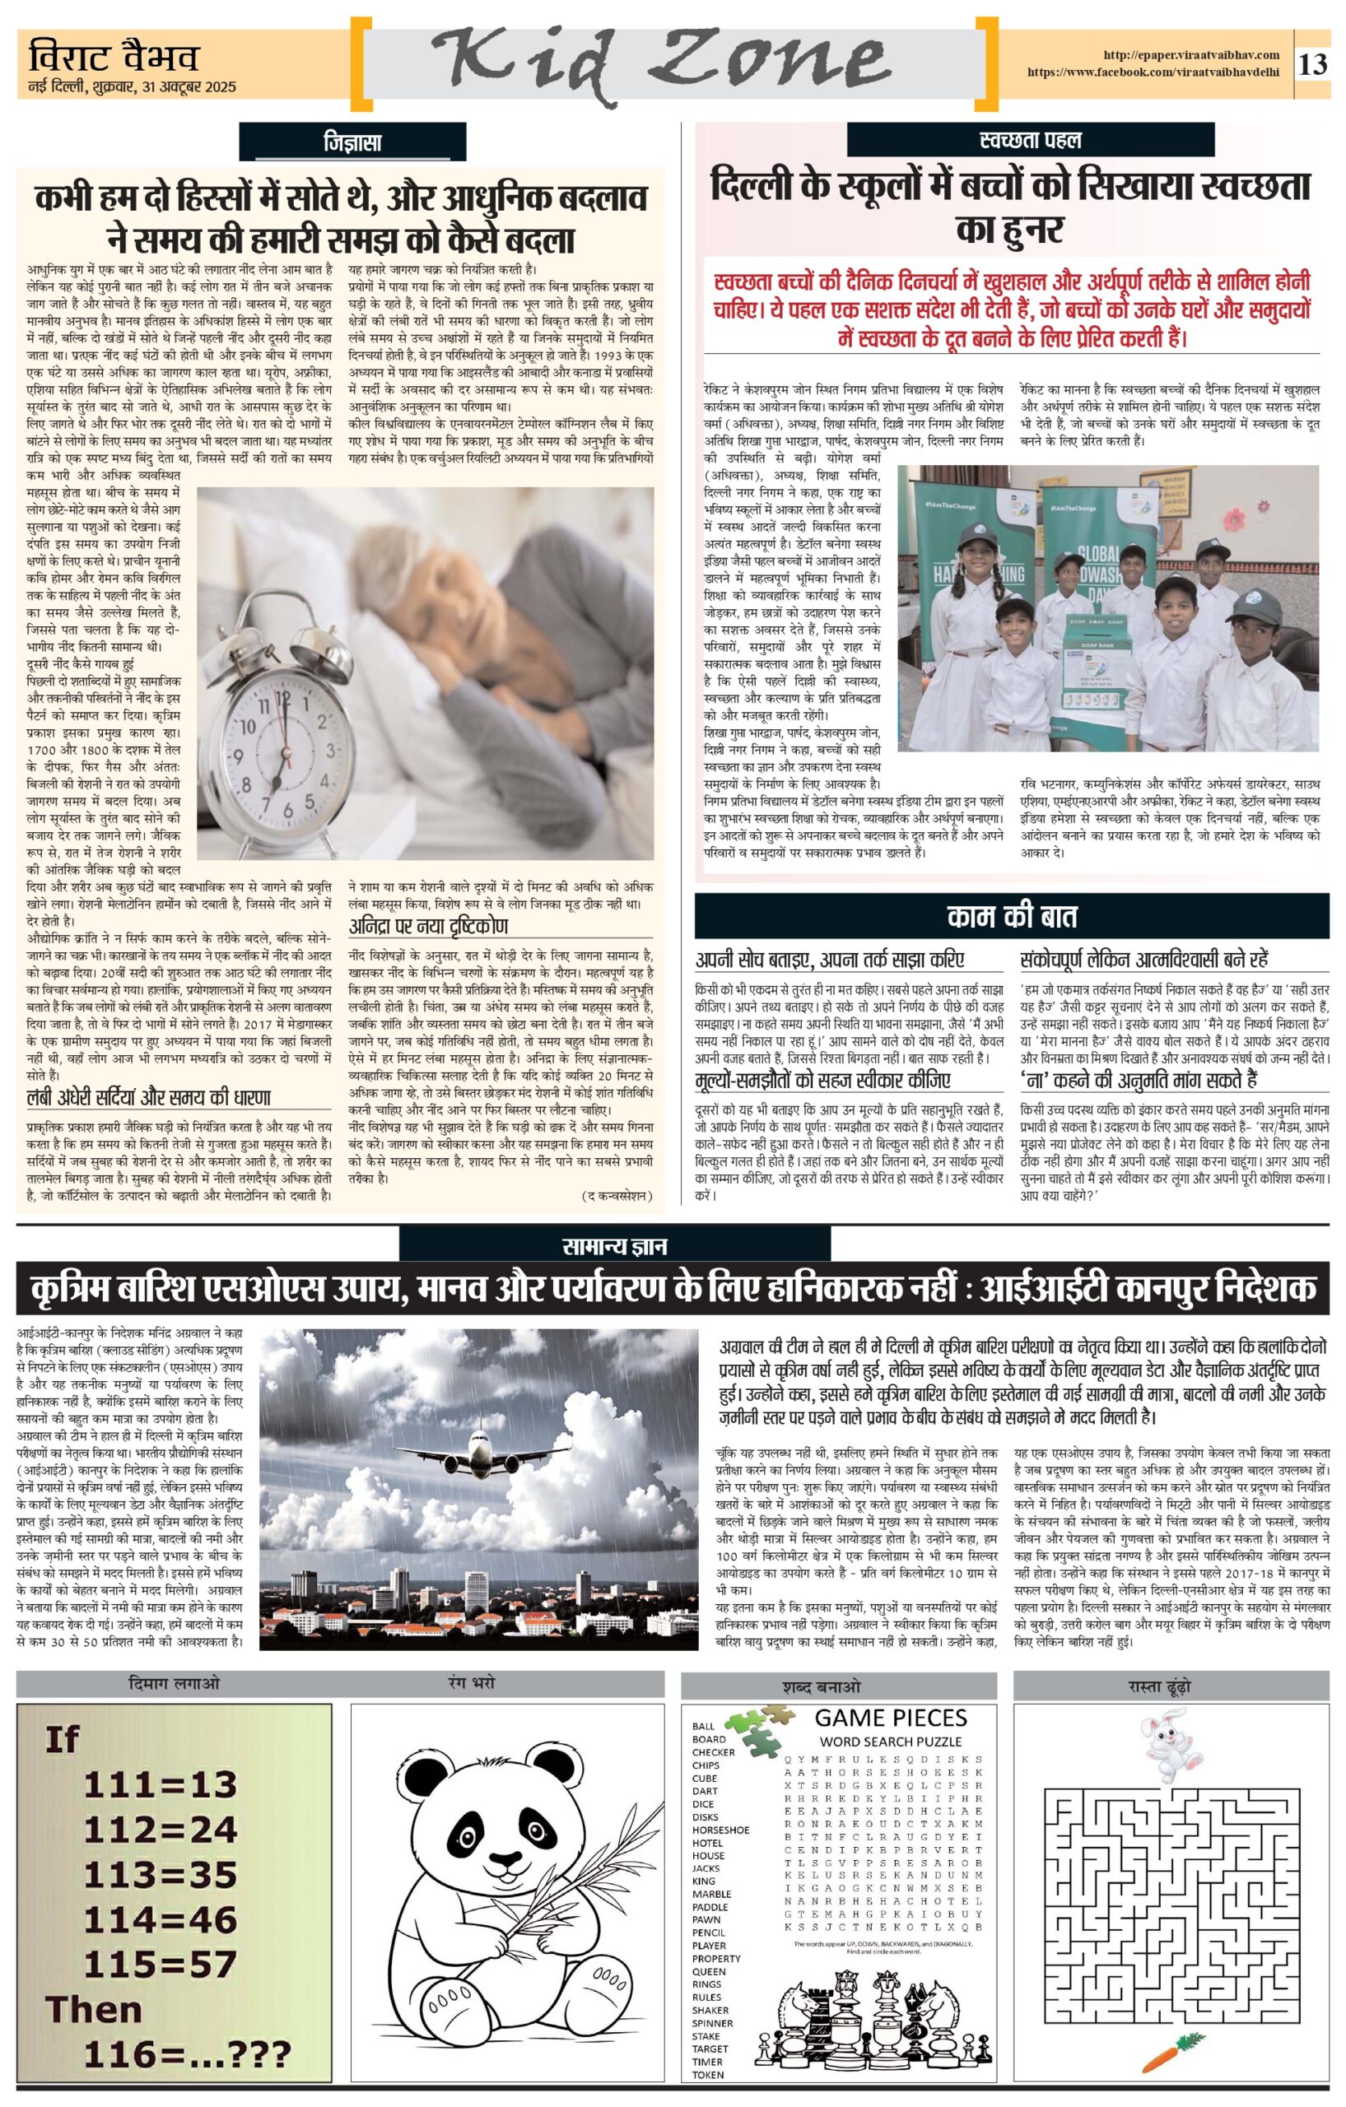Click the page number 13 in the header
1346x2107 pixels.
click(1313, 64)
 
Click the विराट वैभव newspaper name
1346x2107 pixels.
click(113, 58)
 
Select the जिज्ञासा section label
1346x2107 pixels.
click(351, 142)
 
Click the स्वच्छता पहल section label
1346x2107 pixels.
click(1030, 140)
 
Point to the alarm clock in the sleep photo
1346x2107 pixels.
click(281, 752)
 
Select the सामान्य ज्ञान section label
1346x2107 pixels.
click(614, 1245)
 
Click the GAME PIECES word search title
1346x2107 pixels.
click(890, 1718)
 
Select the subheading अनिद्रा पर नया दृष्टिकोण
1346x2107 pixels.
click(428, 926)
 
